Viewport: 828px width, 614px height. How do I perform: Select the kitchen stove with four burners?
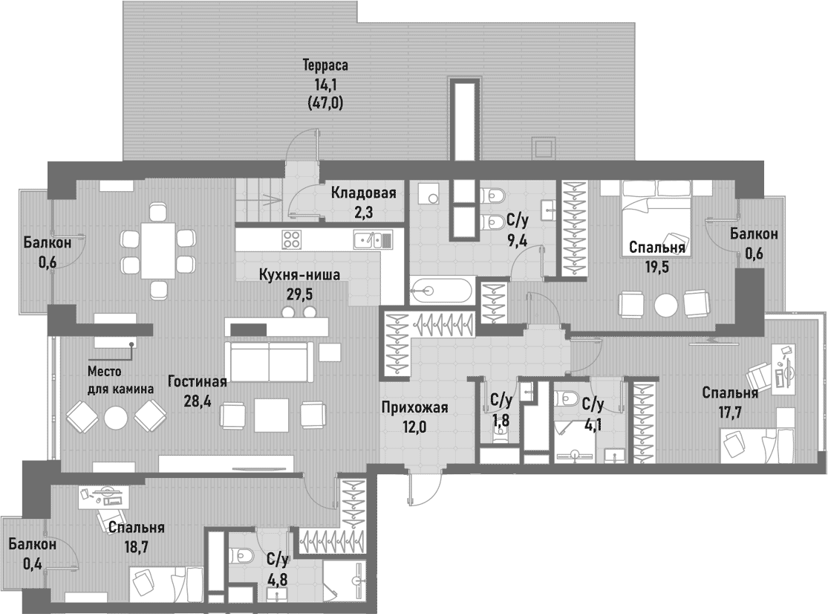292,240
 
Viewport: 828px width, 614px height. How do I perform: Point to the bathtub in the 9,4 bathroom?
441,290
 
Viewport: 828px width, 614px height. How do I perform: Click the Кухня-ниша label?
299,275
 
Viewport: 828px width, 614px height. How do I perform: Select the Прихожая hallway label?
415,407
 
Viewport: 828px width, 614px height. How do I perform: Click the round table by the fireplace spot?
116,418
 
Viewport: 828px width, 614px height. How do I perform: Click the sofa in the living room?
269,361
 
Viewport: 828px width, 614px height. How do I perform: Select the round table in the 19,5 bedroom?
666,304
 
